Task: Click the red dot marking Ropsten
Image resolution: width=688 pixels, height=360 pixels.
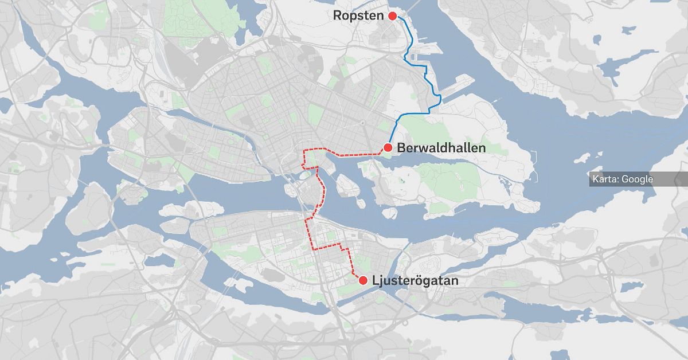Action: click(x=392, y=16)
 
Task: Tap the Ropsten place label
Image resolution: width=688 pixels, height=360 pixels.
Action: click(x=358, y=16)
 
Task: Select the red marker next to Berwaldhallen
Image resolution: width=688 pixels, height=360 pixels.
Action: click(x=388, y=148)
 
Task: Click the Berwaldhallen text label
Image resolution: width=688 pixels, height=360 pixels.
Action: click(x=441, y=148)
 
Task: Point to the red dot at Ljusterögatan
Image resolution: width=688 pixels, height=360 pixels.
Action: click(x=362, y=280)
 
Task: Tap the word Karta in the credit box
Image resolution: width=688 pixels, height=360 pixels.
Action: click(x=605, y=179)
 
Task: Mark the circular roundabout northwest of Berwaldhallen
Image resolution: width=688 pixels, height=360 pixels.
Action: click(x=362, y=123)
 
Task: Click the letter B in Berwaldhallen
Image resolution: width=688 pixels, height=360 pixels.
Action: click(x=401, y=148)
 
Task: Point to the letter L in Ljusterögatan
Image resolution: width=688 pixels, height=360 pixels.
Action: click(x=375, y=281)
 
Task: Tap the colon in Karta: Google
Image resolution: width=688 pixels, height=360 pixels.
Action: click(x=619, y=180)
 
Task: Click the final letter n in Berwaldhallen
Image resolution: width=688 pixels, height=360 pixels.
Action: click(x=482, y=148)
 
